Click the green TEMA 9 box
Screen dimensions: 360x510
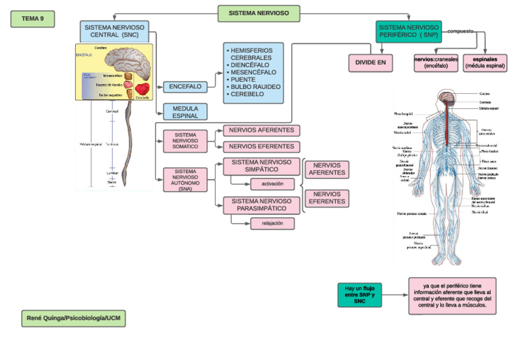(32, 19)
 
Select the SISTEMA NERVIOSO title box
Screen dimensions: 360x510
(259, 13)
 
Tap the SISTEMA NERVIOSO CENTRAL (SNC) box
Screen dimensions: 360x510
(114, 31)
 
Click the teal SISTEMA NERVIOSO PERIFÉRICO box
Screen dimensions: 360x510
(408, 31)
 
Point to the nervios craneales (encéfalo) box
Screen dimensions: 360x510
(436, 63)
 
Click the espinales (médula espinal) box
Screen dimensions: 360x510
(485, 63)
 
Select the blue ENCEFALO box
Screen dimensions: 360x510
(185, 87)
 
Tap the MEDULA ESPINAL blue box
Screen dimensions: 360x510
(185, 112)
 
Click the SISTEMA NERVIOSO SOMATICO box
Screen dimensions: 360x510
(185, 141)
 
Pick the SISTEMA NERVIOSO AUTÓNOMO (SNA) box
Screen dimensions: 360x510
(185, 180)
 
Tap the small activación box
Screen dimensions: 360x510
(272, 184)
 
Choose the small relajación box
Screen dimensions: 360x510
(272, 224)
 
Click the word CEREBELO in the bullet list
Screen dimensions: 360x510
(247, 94)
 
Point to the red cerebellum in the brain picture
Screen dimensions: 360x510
(142, 89)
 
